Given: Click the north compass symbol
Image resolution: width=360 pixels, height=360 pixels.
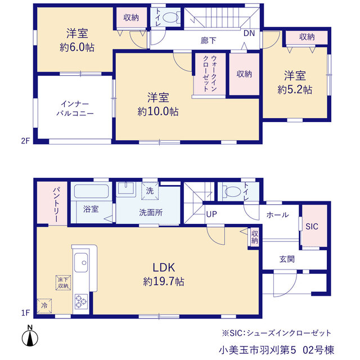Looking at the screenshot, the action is (30, 336).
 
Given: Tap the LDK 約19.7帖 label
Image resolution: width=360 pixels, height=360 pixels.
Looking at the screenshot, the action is (164, 274).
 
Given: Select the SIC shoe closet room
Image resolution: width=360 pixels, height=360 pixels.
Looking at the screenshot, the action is (314, 226).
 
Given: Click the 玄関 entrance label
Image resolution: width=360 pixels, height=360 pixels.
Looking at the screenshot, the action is (287, 259).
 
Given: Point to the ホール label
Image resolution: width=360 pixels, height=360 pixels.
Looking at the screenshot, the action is (277, 215).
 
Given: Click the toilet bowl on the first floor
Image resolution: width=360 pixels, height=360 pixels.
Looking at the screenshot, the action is (232, 191).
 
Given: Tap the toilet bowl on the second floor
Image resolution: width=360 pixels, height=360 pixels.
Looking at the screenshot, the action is (171, 17).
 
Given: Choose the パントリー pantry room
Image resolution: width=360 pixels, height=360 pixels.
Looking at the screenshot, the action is (52, 202).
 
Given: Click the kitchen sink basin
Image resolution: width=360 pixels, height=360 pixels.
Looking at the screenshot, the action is (81, 263).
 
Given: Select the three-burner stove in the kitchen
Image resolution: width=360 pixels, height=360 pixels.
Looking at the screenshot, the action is (81, 301).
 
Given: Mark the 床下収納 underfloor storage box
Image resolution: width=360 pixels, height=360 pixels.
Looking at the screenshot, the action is (63, 282).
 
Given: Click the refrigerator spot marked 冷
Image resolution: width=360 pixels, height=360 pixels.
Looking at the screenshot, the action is (44, 306).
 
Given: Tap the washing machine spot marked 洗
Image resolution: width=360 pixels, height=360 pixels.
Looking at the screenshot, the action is (150, 191).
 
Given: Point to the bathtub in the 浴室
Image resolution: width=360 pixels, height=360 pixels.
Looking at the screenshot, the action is (91, 191).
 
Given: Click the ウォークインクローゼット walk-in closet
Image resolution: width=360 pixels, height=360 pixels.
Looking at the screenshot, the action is (210, 74).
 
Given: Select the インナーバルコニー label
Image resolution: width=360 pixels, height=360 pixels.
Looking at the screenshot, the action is (75, 109).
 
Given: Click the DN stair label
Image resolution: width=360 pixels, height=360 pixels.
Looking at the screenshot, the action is (249, 34).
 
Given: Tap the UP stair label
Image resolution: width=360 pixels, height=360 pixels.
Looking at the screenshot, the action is (211, 214).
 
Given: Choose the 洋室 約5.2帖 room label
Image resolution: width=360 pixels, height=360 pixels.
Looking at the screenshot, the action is (295, 83).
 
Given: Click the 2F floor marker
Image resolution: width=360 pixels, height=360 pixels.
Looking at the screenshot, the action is (25, 141).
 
